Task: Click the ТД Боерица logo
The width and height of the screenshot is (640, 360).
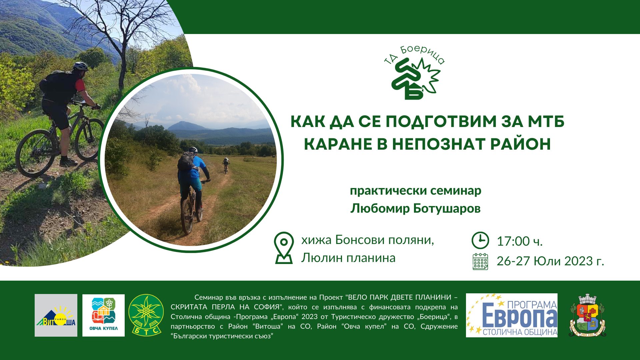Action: [414, 73]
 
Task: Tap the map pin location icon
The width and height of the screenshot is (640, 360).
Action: [284, 248]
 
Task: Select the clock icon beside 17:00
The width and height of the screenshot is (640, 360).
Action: [480, 240]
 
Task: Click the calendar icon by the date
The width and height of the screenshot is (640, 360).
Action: [480, 261]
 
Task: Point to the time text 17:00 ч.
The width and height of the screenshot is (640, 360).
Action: [520, 241]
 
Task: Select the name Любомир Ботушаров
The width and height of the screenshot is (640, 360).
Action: [415, 208]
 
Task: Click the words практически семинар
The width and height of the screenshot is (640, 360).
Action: [415, 191]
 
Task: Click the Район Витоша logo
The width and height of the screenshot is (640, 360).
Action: [56, 315]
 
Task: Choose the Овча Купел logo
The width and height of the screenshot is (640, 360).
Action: [103, 315]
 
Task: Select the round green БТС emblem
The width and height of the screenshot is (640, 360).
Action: [146, 315]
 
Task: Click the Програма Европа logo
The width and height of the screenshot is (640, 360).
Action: [512, 315]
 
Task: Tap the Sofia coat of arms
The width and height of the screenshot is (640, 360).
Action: [588, 315]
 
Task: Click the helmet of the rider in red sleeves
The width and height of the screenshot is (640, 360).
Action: [80, 66]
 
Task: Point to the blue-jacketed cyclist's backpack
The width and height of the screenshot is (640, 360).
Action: [185, 161]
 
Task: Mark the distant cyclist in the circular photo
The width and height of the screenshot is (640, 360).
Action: [226, 165]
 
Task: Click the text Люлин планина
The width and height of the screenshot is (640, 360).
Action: [348, 258]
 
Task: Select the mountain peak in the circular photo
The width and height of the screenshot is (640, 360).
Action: [185, 125]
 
